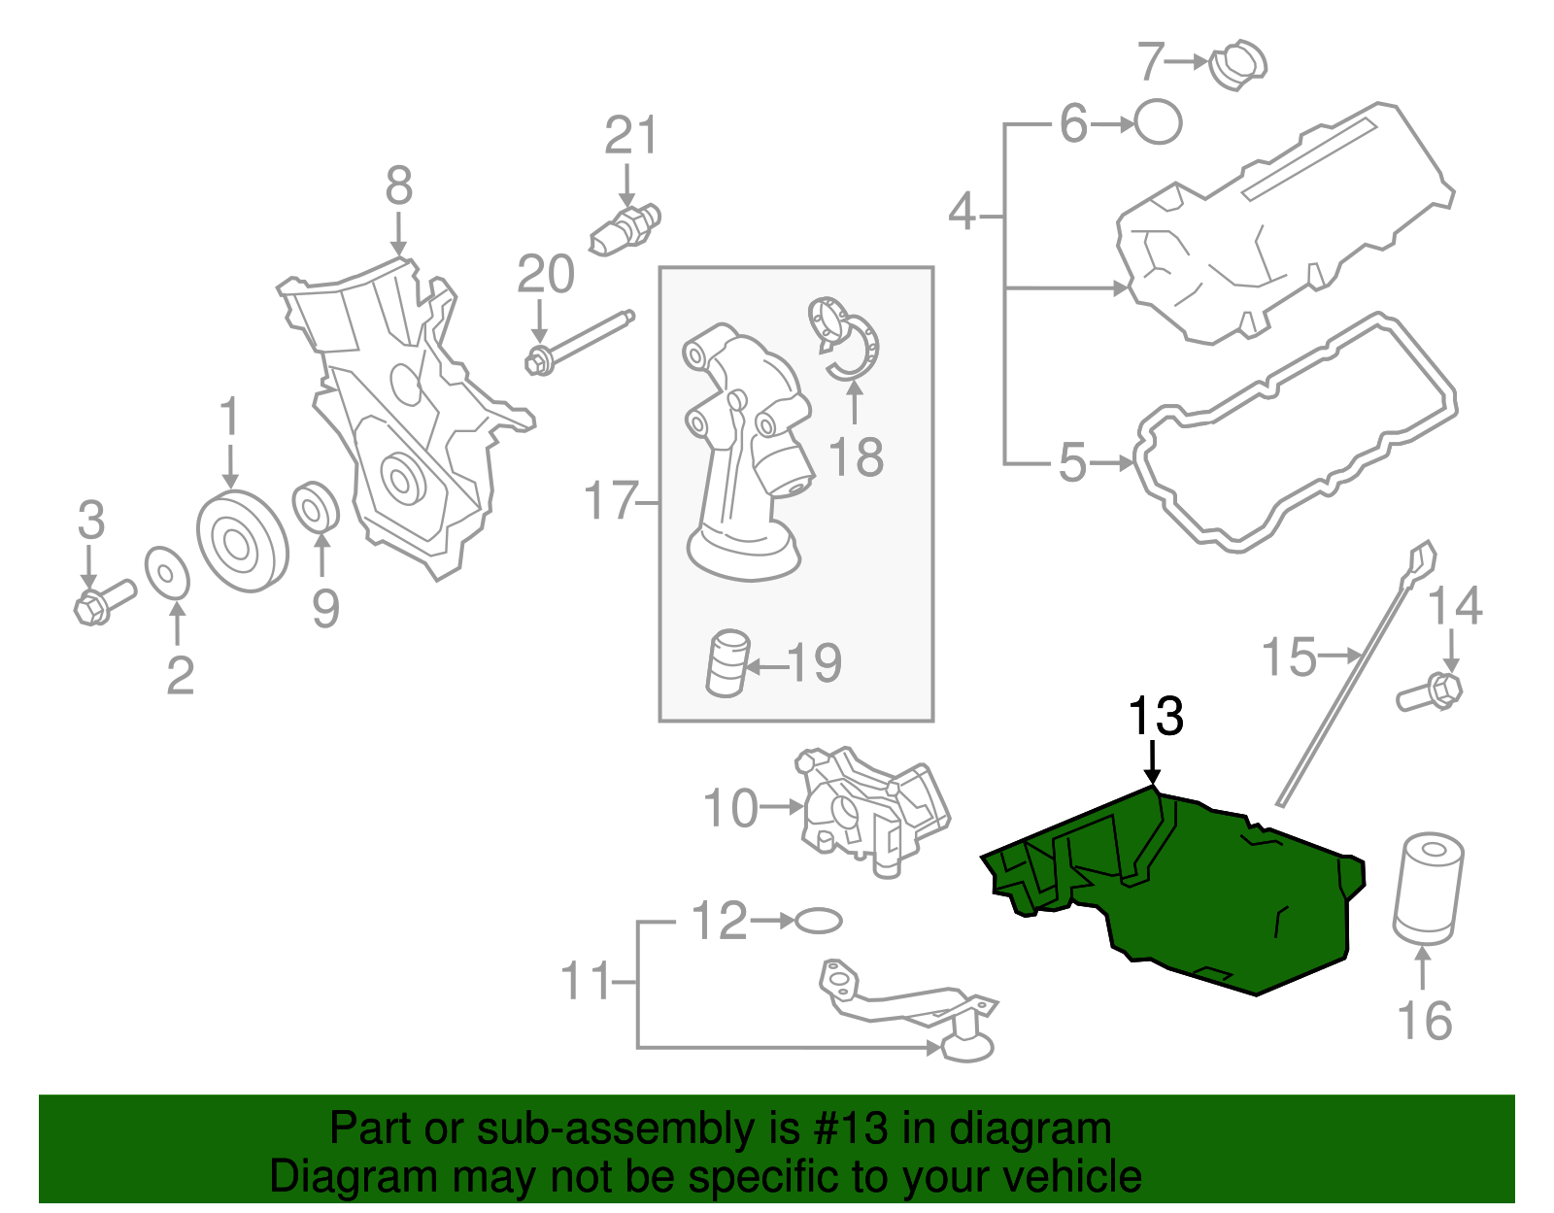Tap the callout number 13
click(x=1155, y=717)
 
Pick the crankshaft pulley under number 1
click(x=242, y=542)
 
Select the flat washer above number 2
click(x=167, y=573)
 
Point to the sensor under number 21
click(x=625, y=226)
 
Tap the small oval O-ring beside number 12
click(x=818, y=920)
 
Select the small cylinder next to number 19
click(x=727, y=663)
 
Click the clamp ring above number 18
click(x=847, y=340)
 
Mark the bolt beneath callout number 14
click(x=1432, y=692)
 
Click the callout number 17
click(x=611, y=501)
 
